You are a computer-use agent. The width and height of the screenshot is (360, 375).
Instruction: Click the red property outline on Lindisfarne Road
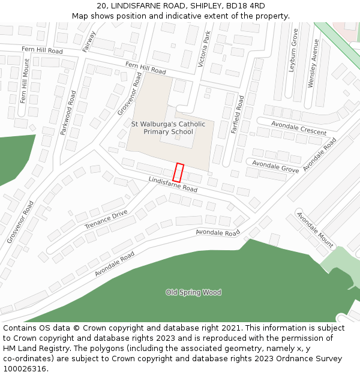point(178,172)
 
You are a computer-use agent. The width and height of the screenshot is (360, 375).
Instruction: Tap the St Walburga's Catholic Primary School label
point(168,128)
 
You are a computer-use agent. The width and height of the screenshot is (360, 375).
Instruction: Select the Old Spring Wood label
point(193,292)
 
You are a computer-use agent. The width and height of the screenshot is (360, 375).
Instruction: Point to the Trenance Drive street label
point(106,219)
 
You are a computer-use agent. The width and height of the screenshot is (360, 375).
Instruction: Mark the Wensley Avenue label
point(311,64)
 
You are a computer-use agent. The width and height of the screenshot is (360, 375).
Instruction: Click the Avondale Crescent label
point(299,128)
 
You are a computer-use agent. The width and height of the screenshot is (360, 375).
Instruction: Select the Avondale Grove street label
point(275,166)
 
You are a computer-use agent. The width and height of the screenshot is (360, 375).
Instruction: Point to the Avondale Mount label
point(315,230)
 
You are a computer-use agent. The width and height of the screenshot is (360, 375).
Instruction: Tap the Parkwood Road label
point(68,112)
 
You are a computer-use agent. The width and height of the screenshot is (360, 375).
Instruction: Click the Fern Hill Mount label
point(25,81)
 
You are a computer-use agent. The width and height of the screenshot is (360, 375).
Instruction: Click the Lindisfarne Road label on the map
point(173,184)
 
